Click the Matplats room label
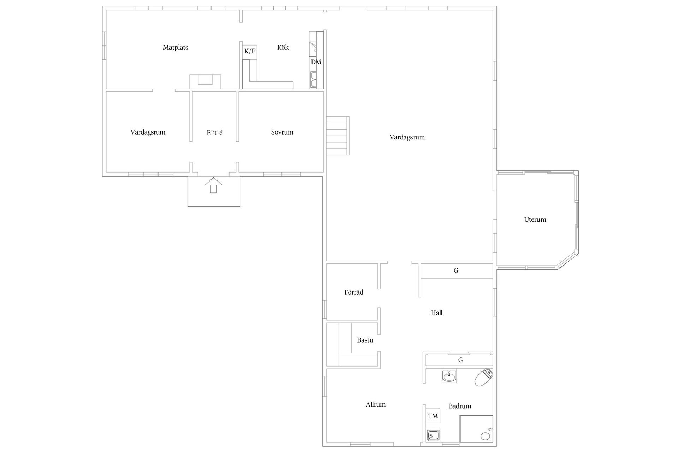coord(176,47)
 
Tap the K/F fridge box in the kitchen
coord(249,51)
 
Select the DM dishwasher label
coord(316,62)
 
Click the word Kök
coord(283,47)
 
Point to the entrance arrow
coord(214,185)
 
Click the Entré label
coord(214,133)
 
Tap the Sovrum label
coord(282,132)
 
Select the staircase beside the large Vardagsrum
coord(338,136)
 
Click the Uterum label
coord(535,219)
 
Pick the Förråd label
coord(354,292)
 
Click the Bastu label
coord(365,340)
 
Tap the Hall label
coord(436,313)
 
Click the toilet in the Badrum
coord(483,377)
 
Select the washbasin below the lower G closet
coord(449,376)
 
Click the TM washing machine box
coord(433,416)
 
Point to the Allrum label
coord(375,405)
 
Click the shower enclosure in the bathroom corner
coord(476,429)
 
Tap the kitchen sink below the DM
coord(313,79)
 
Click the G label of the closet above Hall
coord(456,270)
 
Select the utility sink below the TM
coord(433,435)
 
